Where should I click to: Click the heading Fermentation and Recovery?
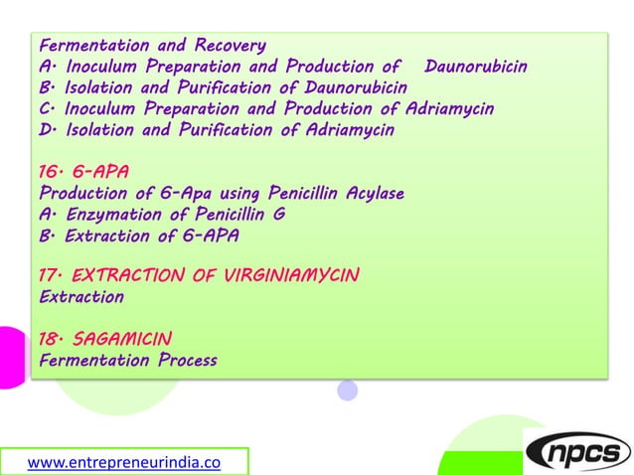tap(151, 45)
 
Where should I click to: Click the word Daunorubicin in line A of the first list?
tap(475, 67)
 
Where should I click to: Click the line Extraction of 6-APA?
tap(138, 236)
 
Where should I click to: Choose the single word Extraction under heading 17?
tap(80, 296)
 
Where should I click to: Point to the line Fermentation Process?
tap(127, 360)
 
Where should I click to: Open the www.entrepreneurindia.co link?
tap(123, 461)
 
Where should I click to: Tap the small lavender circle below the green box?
tap(347, 391)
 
